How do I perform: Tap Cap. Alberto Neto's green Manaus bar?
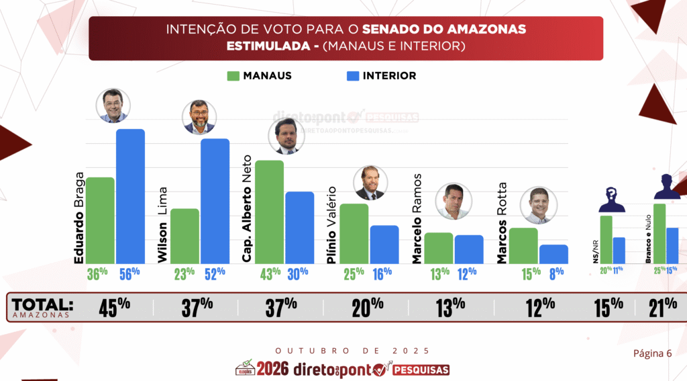click(269, 212)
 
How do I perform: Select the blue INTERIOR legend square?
click(351, 76)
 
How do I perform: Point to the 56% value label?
click(129, 273)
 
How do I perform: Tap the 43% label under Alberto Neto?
click(270, 273)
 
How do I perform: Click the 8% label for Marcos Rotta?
click(554, 273)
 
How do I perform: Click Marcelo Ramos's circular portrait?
click(454, 201)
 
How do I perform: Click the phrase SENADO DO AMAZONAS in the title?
click(444, 30)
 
